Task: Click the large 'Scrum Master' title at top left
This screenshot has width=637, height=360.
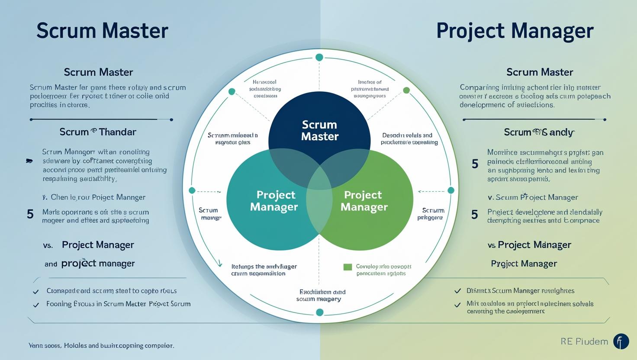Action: click(x=102, y=31)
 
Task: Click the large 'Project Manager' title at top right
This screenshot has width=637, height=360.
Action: click(x=515, y=31)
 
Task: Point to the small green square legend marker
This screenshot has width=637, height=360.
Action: click(x=347, y=267)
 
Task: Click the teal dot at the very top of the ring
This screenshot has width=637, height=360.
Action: click(x=319, y=58)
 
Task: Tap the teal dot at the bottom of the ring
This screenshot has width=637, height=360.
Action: click(x=320, y=312)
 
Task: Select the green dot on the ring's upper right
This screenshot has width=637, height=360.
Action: click(x=406, y=90)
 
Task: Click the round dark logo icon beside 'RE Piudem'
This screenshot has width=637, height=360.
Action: click(x=621, y=341)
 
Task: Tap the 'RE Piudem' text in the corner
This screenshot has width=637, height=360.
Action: click(x=584, y=341)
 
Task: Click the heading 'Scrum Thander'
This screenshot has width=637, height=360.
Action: click(x=98, y=132)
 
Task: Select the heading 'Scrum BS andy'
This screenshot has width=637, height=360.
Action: click(x=539, y=132)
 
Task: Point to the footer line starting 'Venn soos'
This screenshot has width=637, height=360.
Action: click(x=101, y=346)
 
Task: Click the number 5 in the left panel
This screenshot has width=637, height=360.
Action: click(x=30, y=214)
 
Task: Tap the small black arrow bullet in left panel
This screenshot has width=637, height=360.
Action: click(x=29, y=161)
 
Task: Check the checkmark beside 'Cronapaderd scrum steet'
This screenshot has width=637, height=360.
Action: click(x=36, y=292)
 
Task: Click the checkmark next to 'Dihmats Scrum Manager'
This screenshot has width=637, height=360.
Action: click(x=457, y=291)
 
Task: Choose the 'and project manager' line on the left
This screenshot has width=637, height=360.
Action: click(x=90, y=264)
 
